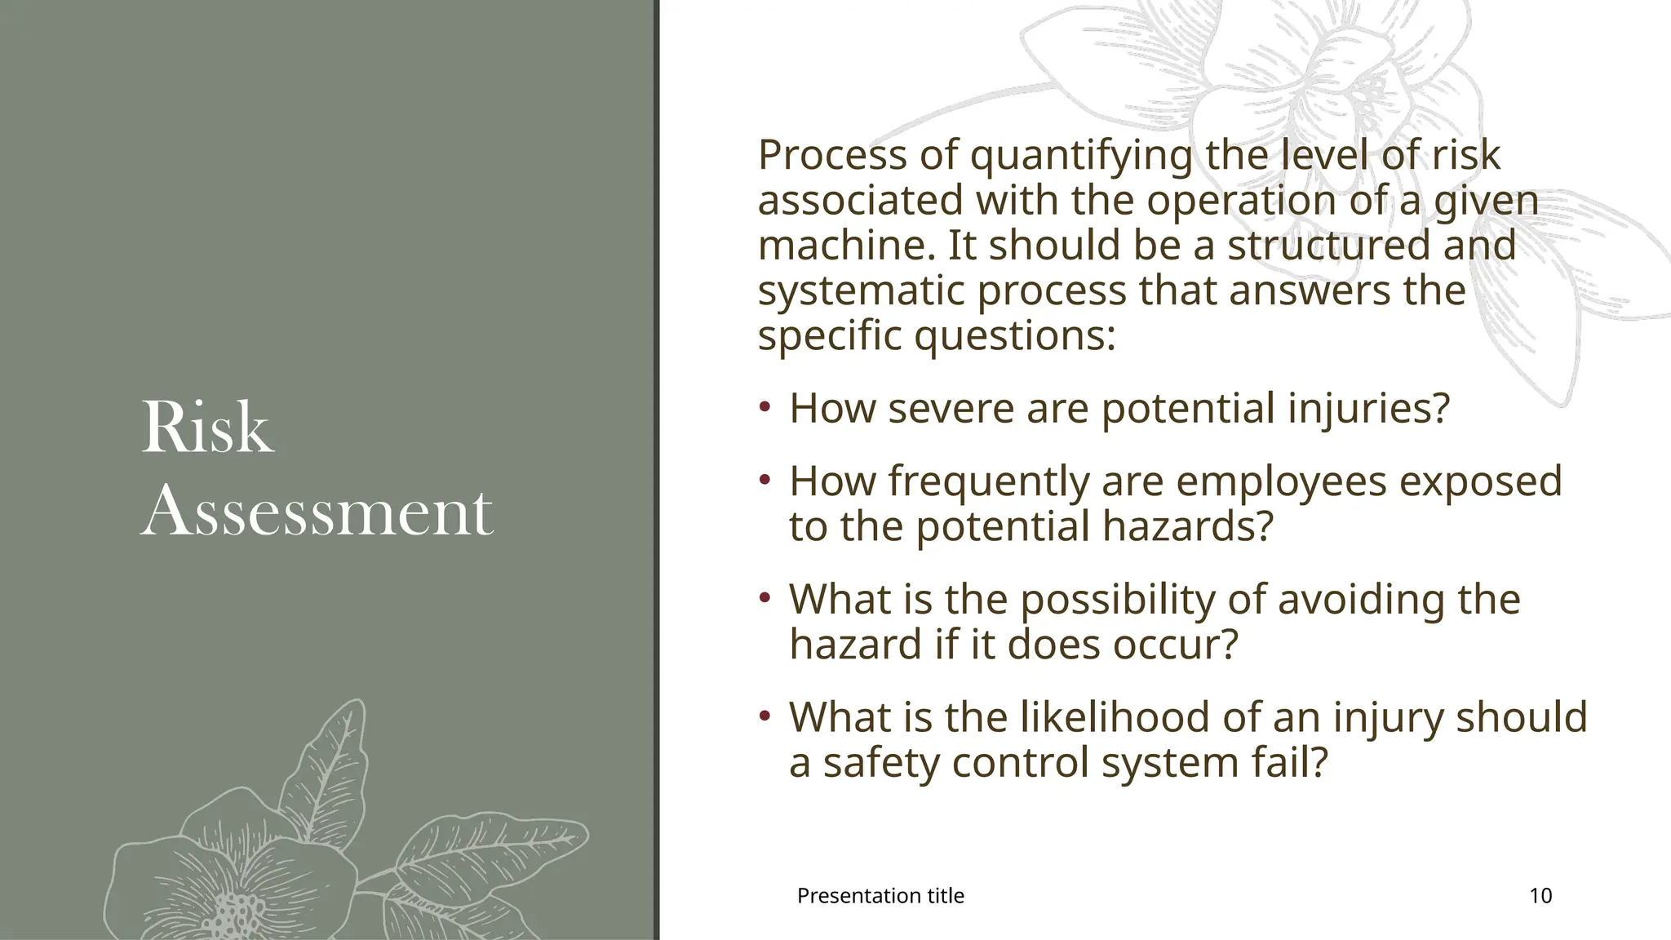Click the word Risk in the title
point(206,428)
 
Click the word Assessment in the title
point(317,512)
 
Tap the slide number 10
point(1540,896)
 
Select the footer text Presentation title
point(880,896)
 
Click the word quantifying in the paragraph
point(1080,157)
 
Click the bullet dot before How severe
point(765,406)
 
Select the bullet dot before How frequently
point(765,480)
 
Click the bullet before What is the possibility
point(765,598)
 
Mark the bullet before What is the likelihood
point(765,716)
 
